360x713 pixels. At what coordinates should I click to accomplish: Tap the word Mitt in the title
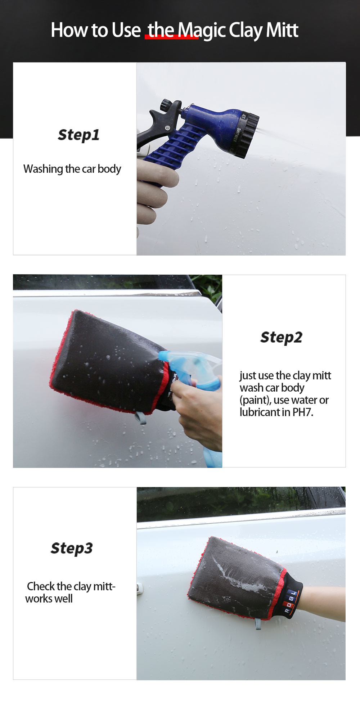[282, 30]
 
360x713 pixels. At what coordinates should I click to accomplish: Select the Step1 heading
[78, 135]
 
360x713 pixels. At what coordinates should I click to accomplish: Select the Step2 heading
[281, 338]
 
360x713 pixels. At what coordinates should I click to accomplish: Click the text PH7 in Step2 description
[303, 412]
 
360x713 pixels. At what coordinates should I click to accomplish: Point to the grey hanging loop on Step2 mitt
[140, 418]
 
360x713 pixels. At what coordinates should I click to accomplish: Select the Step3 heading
[72, 549]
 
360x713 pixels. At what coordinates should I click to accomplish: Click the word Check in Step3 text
[41, 586]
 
